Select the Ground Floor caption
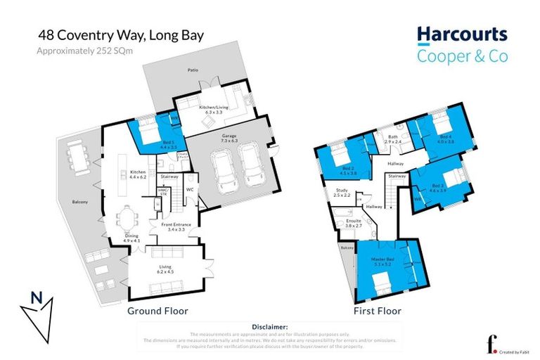click(x=157, y=310)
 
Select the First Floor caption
click(x=378, y=310)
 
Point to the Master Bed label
click(x=382, y=260)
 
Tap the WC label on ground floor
click(x=190, y=188)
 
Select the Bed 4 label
click(x=444, y=137)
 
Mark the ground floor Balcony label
click(x=79, y=202)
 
